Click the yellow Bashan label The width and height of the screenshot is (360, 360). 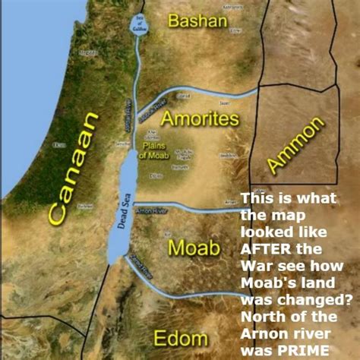click(197, 21)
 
